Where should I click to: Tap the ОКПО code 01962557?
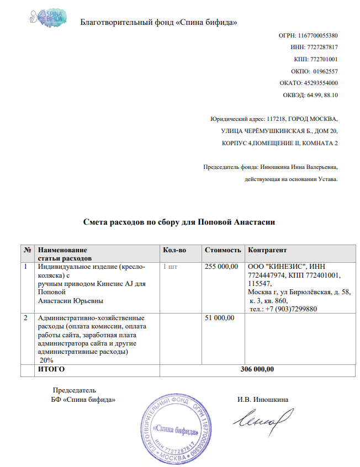pyautogui.click(x=325, y=71)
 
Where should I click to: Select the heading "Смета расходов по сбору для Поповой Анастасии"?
pyautogui.click(x=179, y=222)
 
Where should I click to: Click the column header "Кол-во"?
pyautogui.click(x=175, y=251)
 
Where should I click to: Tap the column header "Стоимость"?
pyautogui.click(x=223, y=251)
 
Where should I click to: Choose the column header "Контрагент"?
pyautogui.click(x=268, y=251)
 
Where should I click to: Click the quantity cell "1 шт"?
pyautogui.click(x=170, y=267)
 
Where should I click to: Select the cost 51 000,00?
pyautogui.click(x=220, y=317)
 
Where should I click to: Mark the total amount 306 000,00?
pyautogui.click(x=257, y=369)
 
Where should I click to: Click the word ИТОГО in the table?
pyautogui.click(x=51, y=369)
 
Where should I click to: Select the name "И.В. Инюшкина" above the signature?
pyautogui.click(x=262, y=400)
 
